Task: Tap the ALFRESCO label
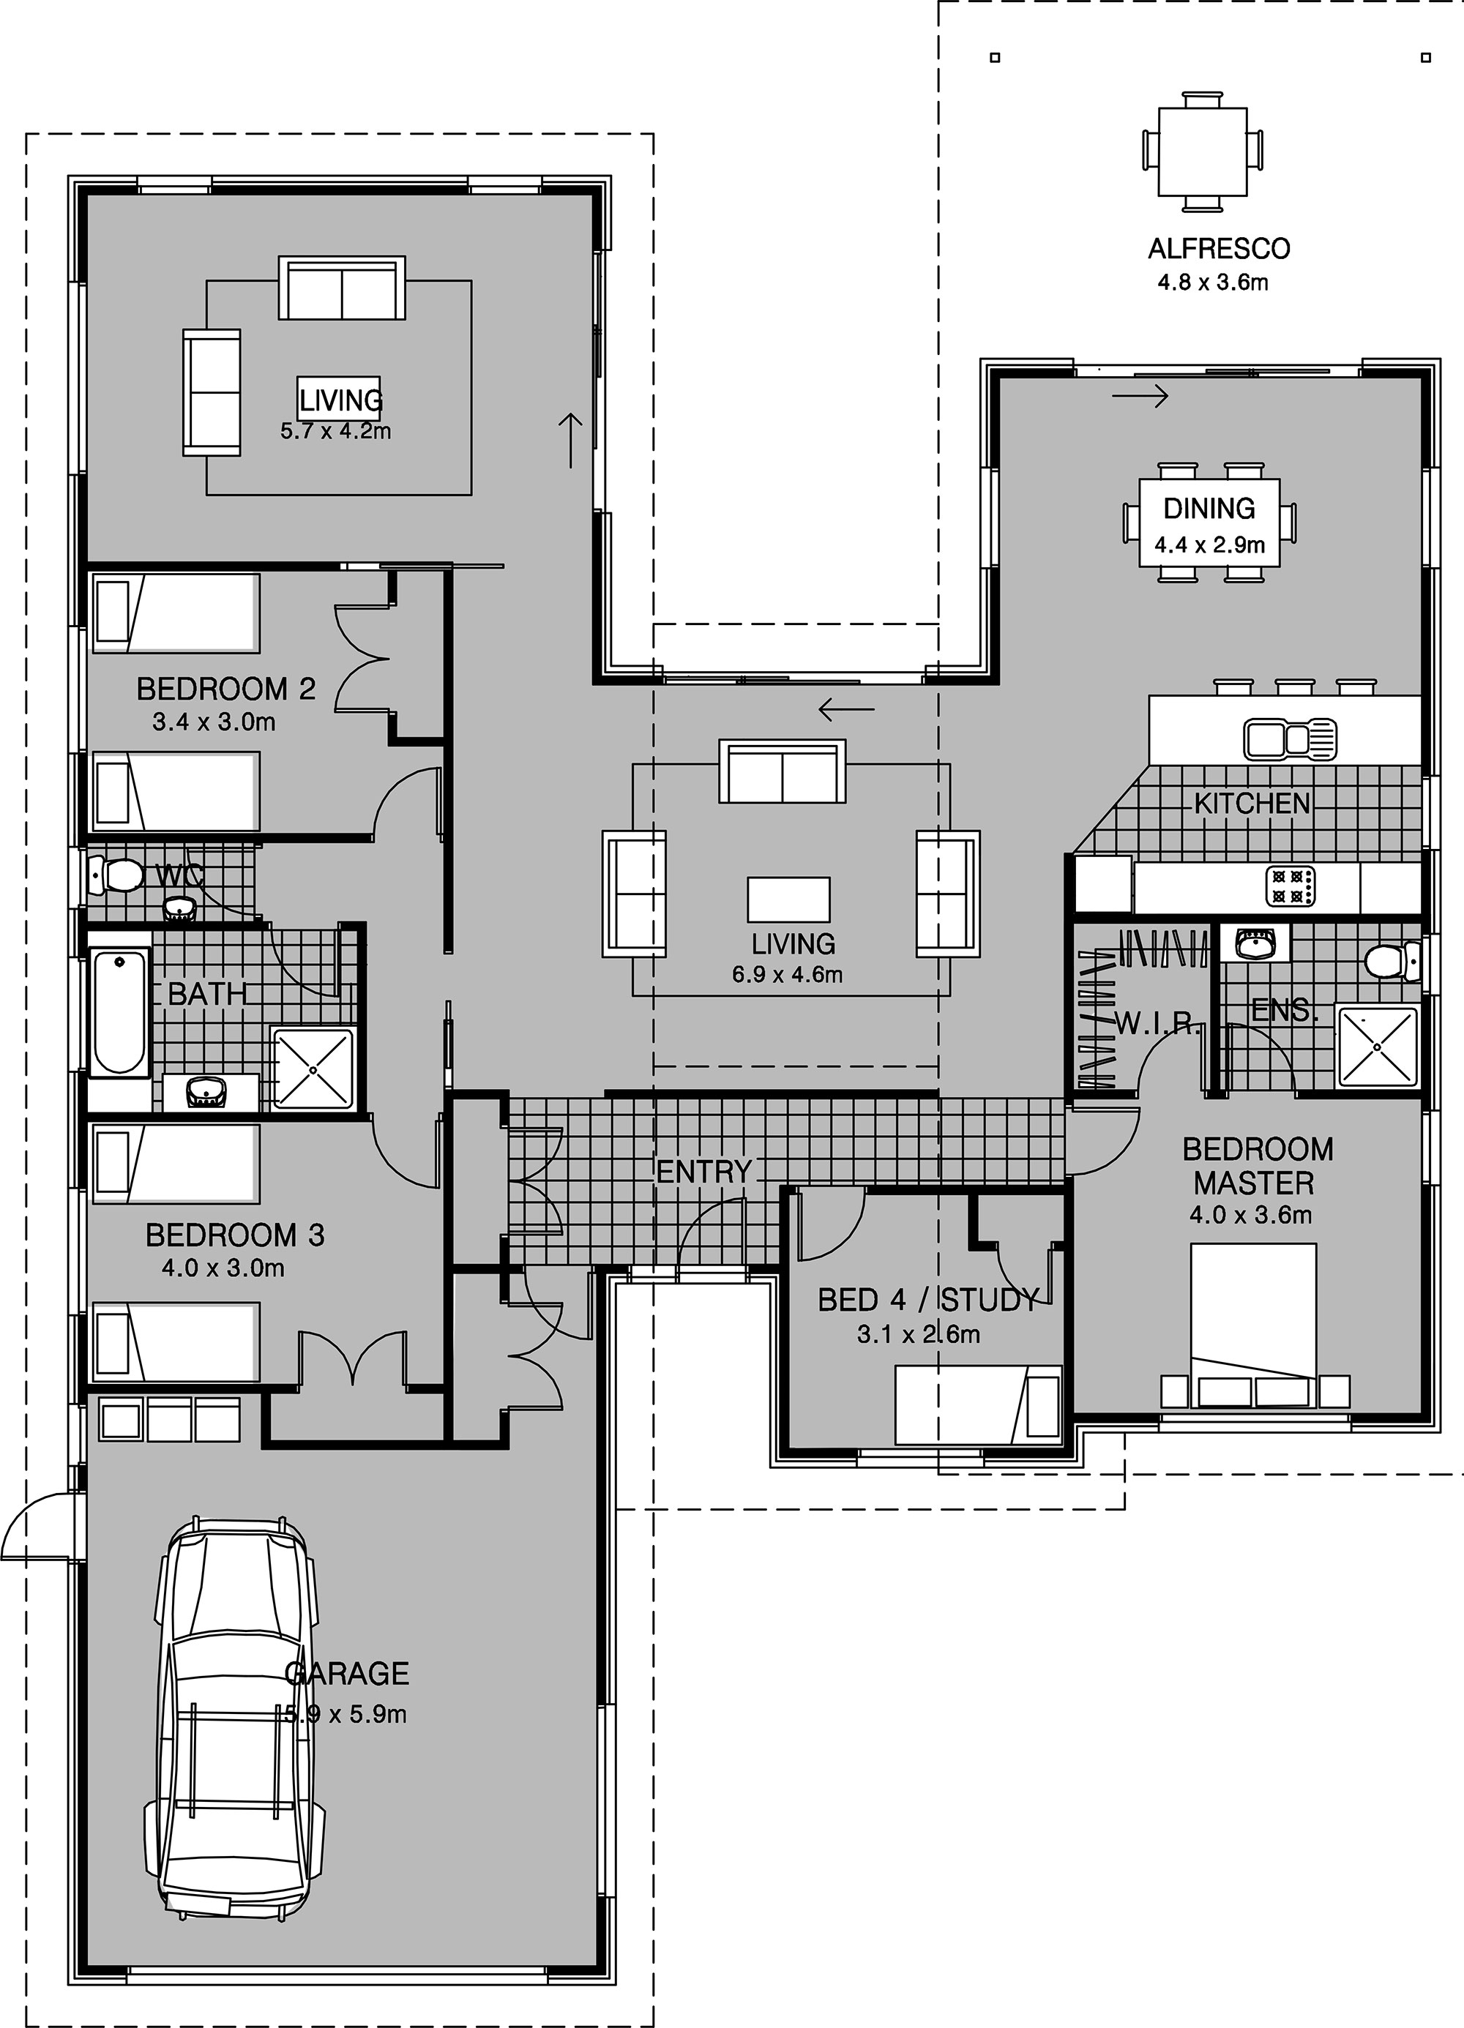pos(1219,249)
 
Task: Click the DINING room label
pos(1209,509)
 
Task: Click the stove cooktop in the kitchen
pos(1291,886)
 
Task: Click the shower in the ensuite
pos(1377,1046)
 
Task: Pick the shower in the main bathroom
pos(315,1069)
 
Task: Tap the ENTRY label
pos(704,1172)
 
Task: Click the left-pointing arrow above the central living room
pos(846,710)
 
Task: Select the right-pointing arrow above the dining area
pos(1141,395)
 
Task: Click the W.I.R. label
pos(1157,1025)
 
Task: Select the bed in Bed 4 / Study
pos(979,1404)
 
